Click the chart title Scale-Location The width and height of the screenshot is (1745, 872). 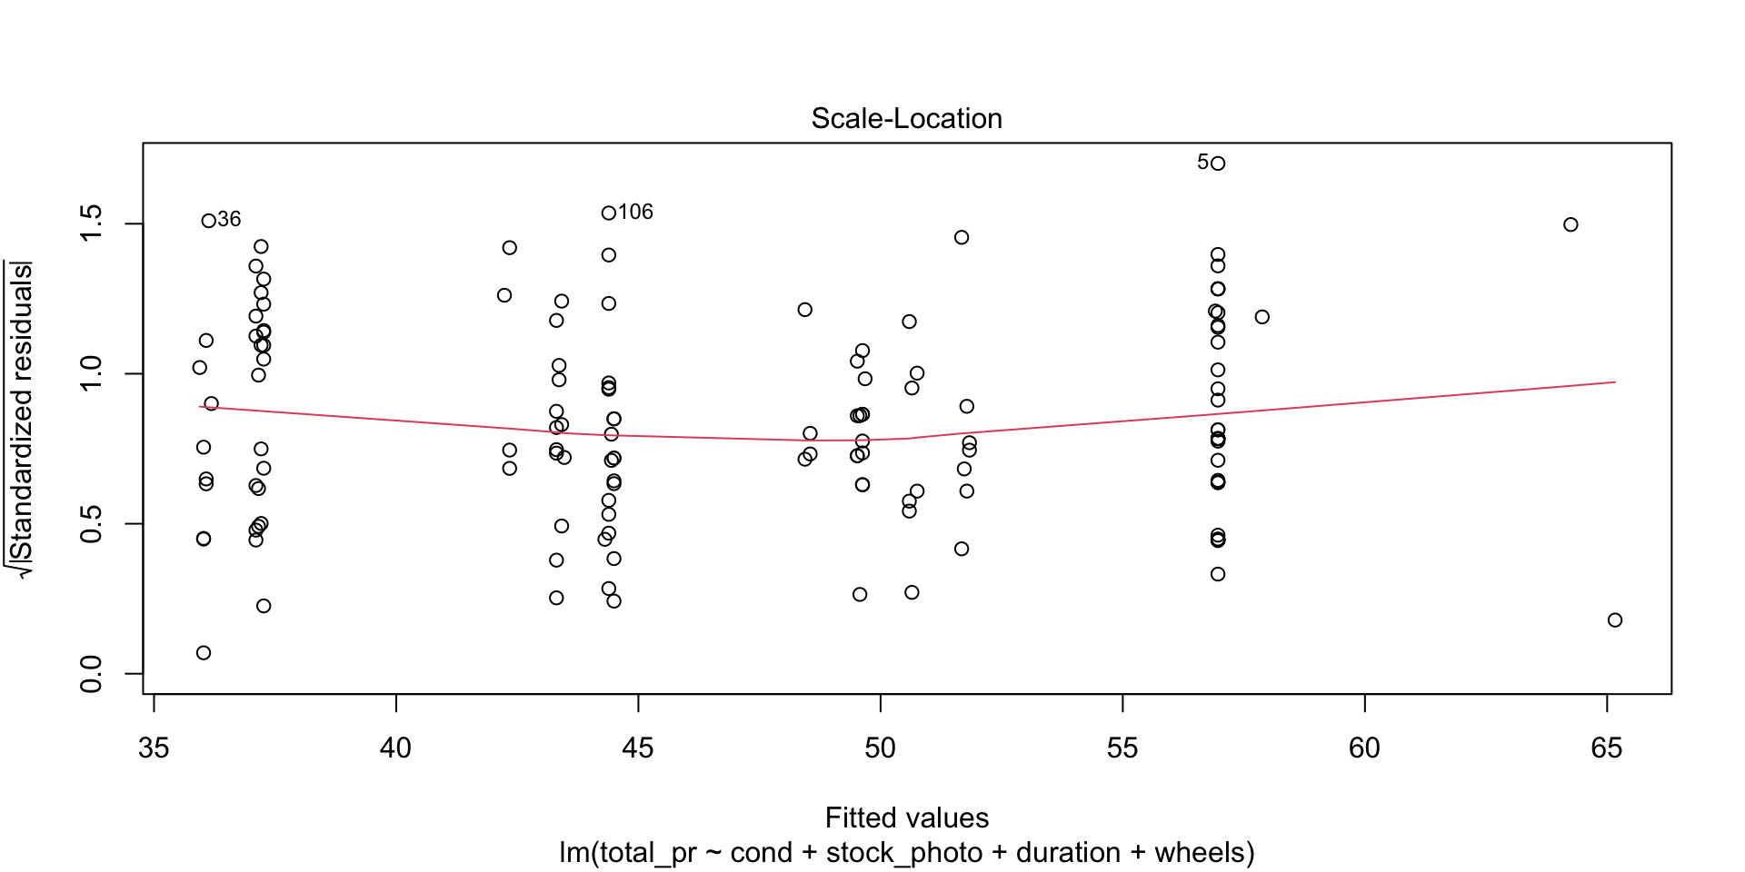coord(906,119)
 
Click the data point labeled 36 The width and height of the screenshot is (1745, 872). coord(208,221)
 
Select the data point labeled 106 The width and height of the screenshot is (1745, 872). coord(609,213)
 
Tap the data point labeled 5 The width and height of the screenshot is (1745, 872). coord(1218,163)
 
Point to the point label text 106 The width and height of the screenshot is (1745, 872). coord(635,213)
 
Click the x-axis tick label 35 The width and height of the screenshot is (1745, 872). coord(154,748)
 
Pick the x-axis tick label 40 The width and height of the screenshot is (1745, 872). coord(396,748)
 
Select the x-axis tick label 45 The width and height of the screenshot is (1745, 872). coord(638,748)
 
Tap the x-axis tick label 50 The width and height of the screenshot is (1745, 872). coord(881,748)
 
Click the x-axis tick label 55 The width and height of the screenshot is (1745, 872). coord(1122,748)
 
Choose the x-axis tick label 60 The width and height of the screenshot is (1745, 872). coord(1365,748)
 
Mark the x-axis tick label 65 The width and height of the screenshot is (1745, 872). coord(1607,748)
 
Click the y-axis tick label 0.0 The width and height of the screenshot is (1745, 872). coord(92,674)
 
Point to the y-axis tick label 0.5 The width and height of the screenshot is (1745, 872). coord(92,524)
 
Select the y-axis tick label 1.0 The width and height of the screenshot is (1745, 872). coord(92,373)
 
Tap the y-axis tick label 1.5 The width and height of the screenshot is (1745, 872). coord(92,223)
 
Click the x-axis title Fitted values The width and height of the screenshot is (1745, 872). coord(906,818)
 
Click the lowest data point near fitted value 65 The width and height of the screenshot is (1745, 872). coord(1615,620)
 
